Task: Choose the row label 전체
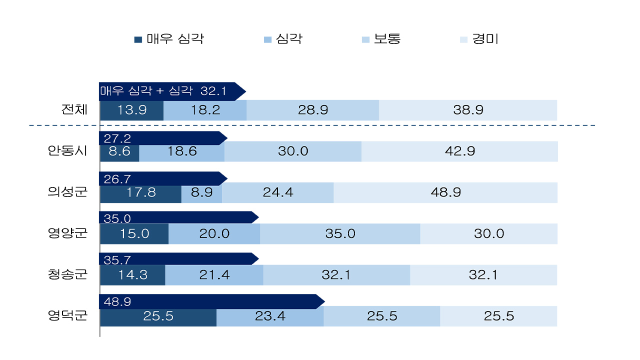point(74,110)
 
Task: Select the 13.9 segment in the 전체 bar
point(132,110)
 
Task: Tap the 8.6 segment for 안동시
point(119,151)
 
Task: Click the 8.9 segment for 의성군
point(201,192)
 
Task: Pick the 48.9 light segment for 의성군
point(445,192)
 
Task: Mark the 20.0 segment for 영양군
point(214,233)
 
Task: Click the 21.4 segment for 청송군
point(214,274)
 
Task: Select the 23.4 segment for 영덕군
point(270,316)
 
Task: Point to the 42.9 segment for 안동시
point(459,151)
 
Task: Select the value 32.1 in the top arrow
point(213,91)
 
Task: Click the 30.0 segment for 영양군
point(488,233)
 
